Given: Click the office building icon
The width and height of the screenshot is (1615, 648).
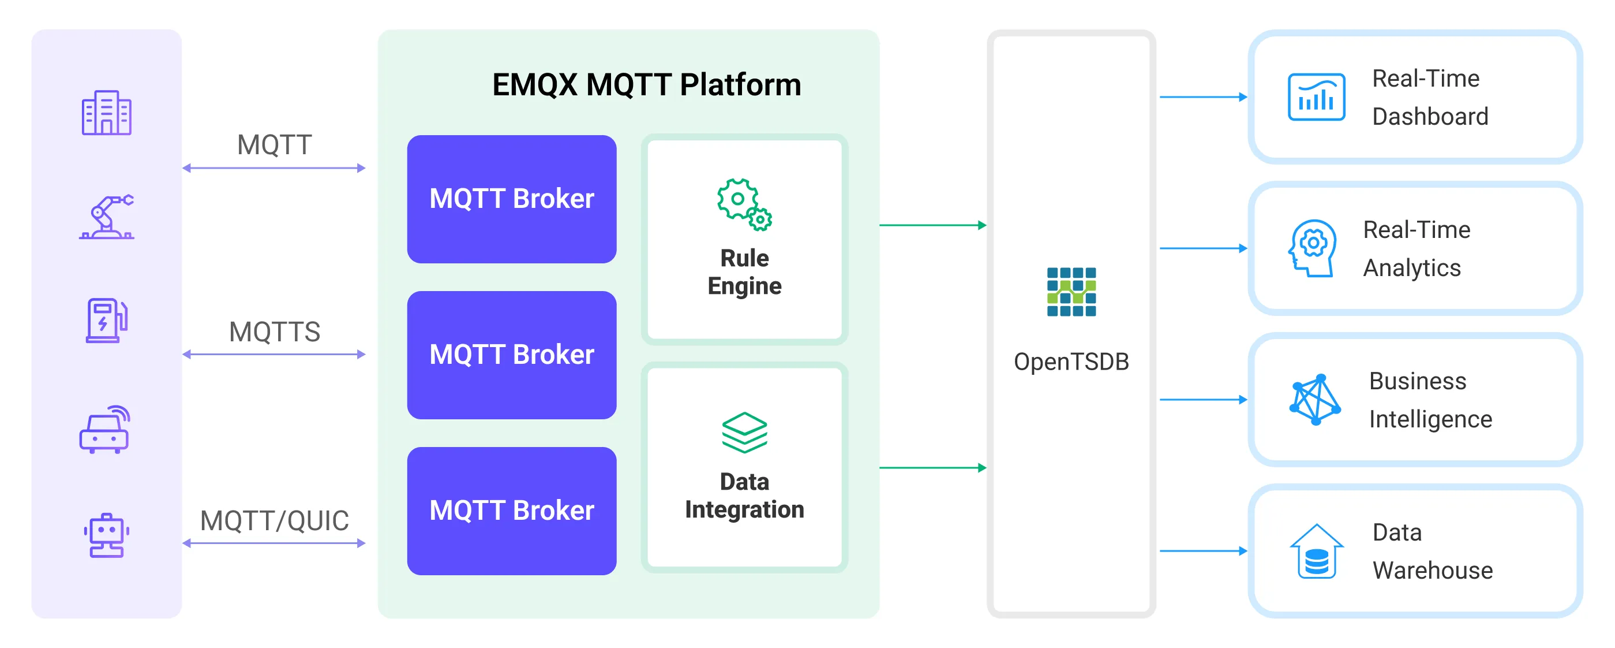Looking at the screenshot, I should [106, 113].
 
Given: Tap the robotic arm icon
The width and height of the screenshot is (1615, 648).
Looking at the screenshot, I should [107, 217].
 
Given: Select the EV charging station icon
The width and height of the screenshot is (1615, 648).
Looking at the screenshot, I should [106, 321].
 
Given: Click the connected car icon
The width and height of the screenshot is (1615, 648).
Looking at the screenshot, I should [104, 430].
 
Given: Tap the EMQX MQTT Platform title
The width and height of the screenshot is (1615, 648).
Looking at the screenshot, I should [646, 85].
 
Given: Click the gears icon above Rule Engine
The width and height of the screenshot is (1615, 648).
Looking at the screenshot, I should [744, 204].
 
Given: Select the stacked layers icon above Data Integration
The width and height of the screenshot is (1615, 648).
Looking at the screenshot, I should [744, 433].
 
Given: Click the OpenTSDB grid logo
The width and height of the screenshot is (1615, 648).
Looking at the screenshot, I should [1071, 292].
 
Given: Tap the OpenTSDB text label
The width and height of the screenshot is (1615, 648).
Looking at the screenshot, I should [1071, 362].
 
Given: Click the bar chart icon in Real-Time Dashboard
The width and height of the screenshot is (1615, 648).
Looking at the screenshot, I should [1316, 97].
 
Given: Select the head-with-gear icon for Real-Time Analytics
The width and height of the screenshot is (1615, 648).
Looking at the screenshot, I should [1312, 248].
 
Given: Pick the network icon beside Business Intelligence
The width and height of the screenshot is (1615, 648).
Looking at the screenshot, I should [1315, 400].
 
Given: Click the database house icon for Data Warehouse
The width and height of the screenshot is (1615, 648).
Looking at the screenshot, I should [1316, 552].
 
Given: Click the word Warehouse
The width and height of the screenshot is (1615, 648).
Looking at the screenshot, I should [1432, 571].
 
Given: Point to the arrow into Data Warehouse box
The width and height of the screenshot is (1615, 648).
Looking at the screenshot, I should [1203, 552].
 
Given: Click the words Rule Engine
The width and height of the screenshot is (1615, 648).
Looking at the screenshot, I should [744, 272].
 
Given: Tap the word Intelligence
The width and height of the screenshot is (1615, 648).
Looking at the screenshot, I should [1430, 419].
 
